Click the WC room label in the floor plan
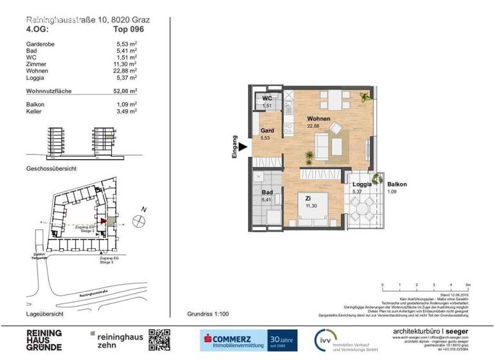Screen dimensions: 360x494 coord(266,98)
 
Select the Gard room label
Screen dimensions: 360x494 coord(267,130)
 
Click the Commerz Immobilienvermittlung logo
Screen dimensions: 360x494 coord(234,339)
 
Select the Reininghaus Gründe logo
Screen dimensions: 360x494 coord(44,339)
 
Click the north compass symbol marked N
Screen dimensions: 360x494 coord(139,221)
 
